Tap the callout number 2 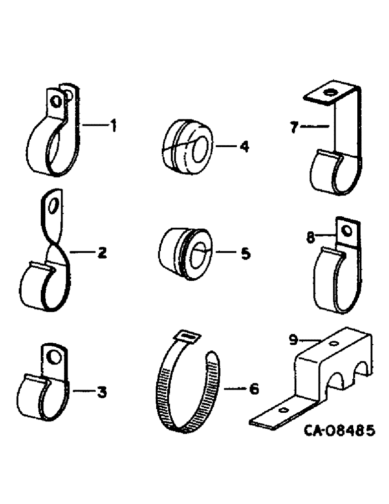point(102,254)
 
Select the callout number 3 point(102,392)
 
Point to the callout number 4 point(244,147)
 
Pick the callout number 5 point(245,254)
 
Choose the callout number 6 point(254,389)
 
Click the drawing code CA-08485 point(339,431)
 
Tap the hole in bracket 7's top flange point(330,93)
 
